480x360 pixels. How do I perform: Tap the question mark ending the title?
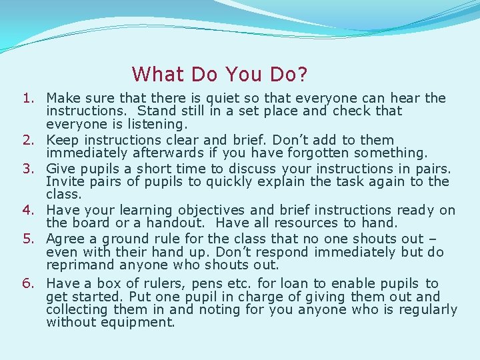(301, 73)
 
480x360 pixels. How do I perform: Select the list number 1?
(27, 99)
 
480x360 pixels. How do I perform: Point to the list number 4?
(27, 211)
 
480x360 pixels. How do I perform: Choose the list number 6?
(27, 284)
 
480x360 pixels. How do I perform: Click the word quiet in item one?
(229, 99)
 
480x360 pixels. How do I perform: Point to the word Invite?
(64, 182)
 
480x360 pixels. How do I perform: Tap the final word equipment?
(139, 323)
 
